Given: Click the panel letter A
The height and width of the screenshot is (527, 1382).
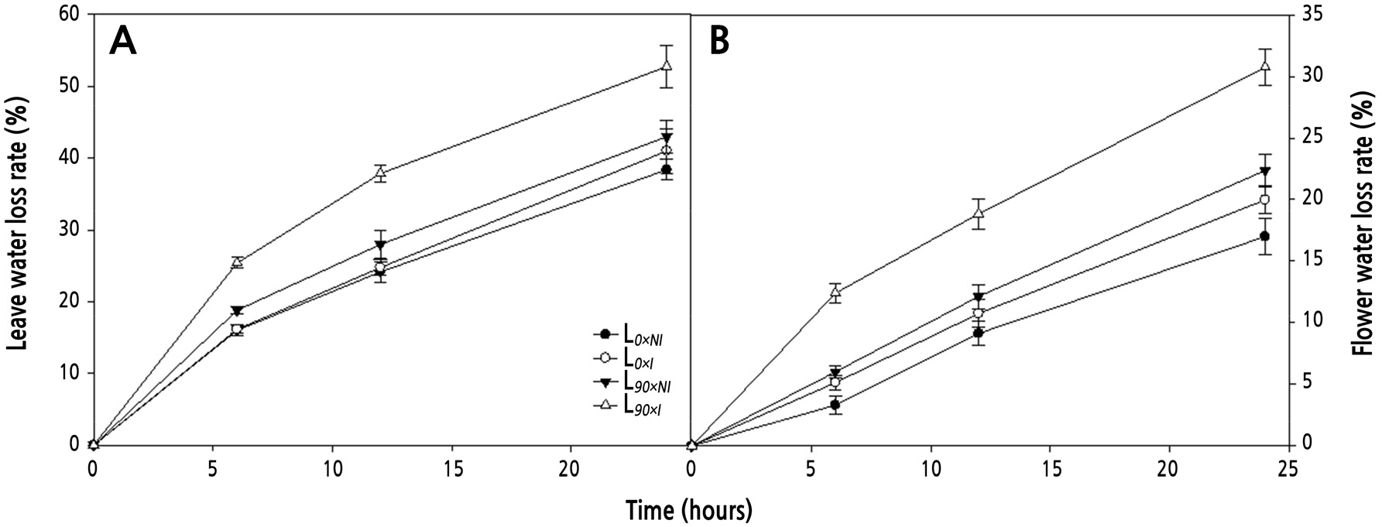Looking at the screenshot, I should (x=123, y=41).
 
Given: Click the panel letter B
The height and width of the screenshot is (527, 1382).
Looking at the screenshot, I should (x=719, y=41).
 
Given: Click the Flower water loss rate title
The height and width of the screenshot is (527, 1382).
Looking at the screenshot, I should (x=1364, y=229).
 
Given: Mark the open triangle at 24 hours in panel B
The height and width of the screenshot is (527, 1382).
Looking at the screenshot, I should (x=1264, y=67).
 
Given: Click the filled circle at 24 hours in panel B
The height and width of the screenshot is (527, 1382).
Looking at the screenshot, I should (x=1264, y=236).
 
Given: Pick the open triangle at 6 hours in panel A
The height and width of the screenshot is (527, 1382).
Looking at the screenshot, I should (x=237, y=262).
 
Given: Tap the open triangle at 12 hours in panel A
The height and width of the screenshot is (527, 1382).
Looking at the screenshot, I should (x=380, y=173).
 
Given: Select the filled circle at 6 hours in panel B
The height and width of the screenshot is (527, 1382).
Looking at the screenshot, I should (x=835, y=404).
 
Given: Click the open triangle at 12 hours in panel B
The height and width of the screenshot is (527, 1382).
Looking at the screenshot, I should (x=979, y=213).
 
